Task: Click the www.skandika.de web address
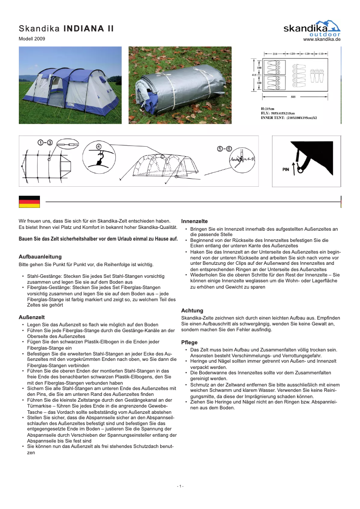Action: click(322, 39)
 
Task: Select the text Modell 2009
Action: click(31, 39)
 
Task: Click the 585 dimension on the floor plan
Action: click(292, 97)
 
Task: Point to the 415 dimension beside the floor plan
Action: click(254, 75)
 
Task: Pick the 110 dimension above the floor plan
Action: click(320, 53)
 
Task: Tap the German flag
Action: click(29, 202)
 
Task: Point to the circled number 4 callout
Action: click(98, 146)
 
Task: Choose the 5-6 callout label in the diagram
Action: click(224, 149)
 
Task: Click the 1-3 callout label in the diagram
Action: click(45, 142)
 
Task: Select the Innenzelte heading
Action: click(194, 221)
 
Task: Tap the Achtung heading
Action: click(192, 311)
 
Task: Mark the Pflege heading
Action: click(189, 342)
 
